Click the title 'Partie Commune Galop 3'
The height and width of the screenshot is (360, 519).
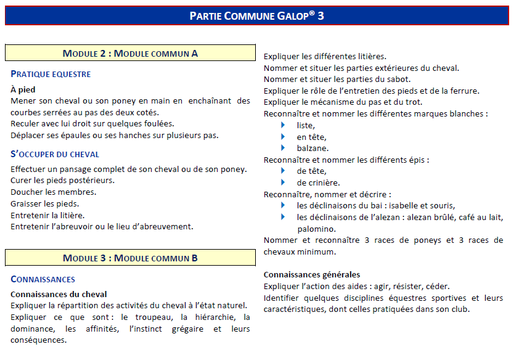point(256,16)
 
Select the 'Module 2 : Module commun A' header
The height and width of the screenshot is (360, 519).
point(130,54)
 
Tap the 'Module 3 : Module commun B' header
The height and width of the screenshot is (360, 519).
point(130,258)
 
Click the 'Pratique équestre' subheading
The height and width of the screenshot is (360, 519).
point(51,75)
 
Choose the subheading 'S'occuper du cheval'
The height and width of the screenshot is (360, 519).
point(55,154)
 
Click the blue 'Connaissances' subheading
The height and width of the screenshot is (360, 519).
point(43,280)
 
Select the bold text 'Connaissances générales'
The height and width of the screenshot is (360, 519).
point(312,274)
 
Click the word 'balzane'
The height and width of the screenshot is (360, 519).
point(313,148)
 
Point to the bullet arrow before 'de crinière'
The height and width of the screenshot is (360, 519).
point(284,182)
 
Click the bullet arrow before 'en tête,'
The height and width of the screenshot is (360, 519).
point(284,136)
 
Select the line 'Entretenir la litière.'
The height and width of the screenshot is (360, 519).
point(47,215)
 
